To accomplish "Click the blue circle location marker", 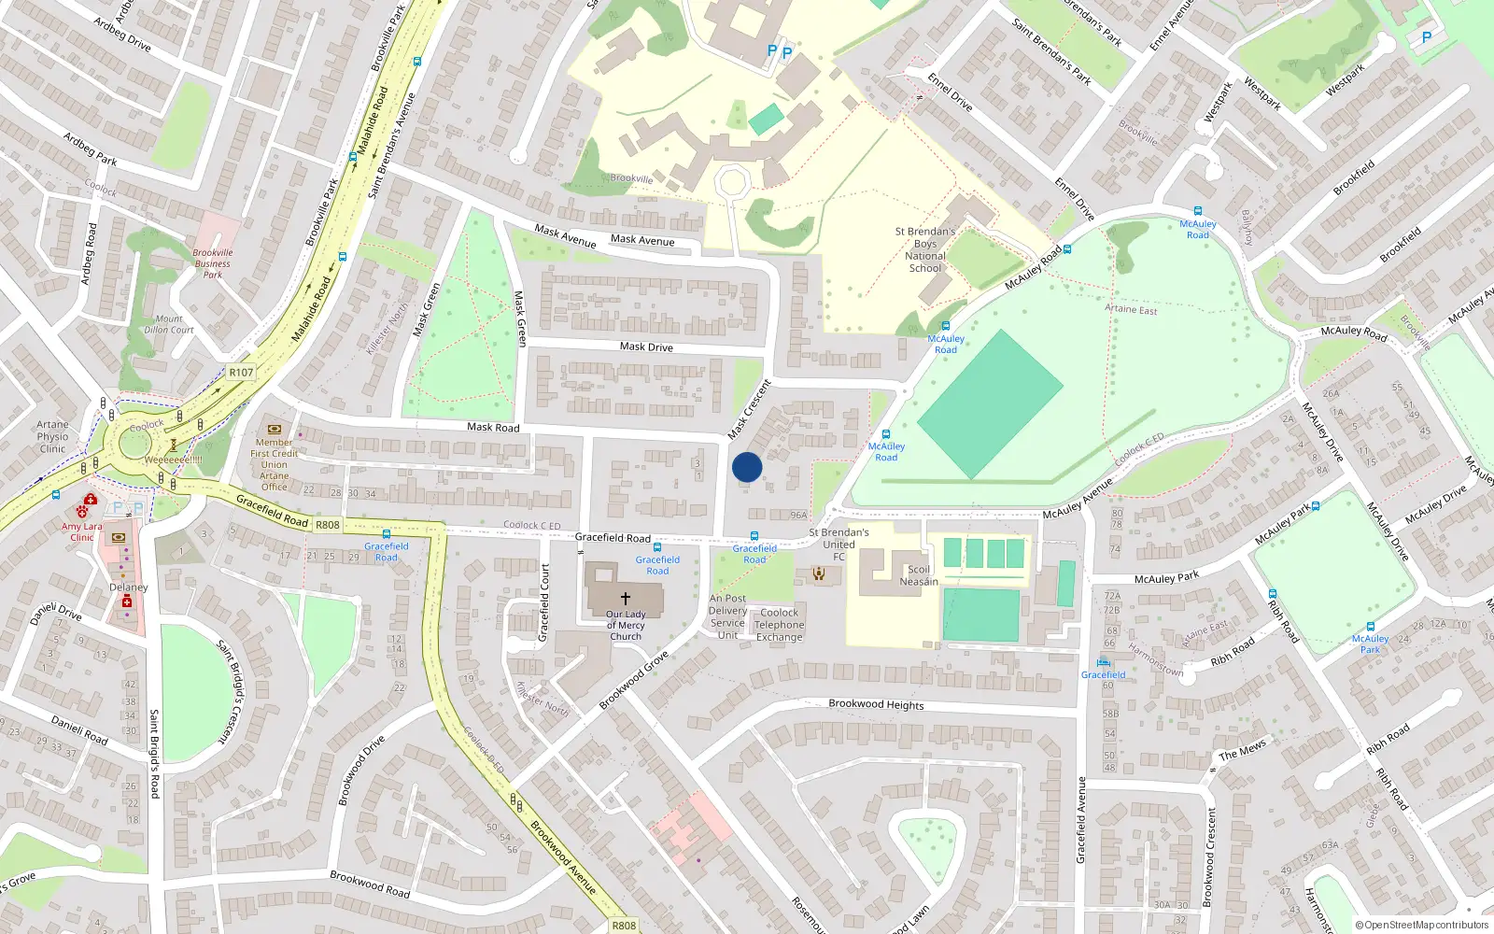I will pos(747,467).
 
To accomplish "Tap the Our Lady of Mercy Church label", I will pos(626,625).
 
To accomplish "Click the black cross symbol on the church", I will pos(626,598).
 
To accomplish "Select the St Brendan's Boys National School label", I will pos(925,249).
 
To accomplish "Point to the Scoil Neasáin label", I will pos(919,575).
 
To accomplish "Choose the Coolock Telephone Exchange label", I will pos(779,625).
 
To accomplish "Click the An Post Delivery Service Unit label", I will pos(727,616).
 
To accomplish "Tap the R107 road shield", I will pos(241,372).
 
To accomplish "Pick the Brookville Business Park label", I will pos(213,263).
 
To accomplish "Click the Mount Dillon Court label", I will pos(169,324).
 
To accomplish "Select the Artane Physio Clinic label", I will pos(53,436).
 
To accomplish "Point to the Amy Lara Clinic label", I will pos(82,531).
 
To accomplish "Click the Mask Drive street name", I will pos(646,347).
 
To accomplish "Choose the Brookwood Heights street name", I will pos(876,704).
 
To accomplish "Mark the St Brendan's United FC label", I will pos(839,545).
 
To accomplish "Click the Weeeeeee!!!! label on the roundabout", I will pos(173,460).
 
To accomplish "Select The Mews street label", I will pos(1242,750).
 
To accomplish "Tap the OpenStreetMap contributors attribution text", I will pos(1422,925).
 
